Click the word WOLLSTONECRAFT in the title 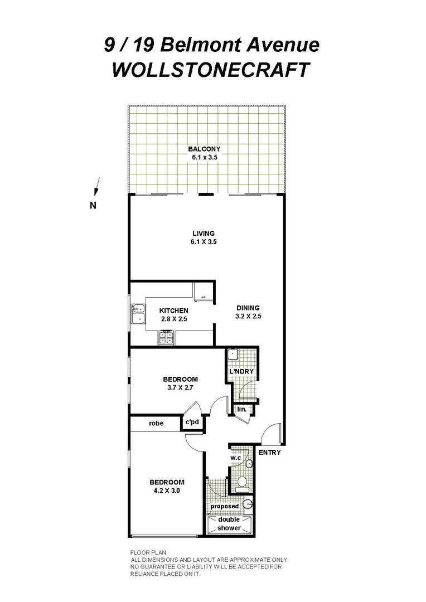tap(211, 71)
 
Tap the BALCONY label tap(204, 149)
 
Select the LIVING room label tap(204, 234)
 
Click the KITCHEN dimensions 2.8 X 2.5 tap(173, 319)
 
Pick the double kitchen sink tap(137, 314)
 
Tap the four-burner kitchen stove tap(167, 337)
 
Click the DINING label tap(248, 308)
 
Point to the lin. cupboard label tap(241, 410)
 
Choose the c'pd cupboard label tap(192, 423)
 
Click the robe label tap(156, 423)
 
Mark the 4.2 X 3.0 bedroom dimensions tap(166, 491)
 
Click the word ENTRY tap(269, 453)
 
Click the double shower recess tap(229, 524)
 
